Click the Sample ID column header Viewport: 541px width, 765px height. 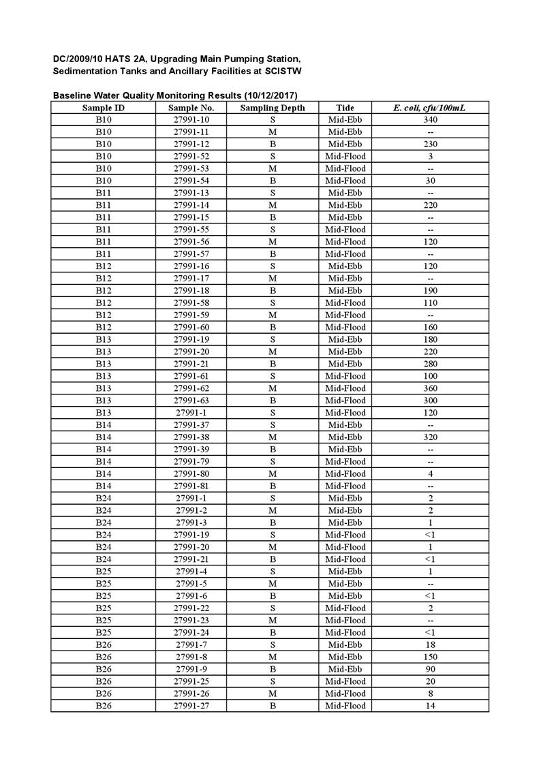point(103,108)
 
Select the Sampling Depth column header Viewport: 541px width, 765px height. point(273,108)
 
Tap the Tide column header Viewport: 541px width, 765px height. point(345,108)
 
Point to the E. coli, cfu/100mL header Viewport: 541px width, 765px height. point(430,108)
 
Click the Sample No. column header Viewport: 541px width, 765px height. point(191,108)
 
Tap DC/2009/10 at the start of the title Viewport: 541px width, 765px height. point(78,59)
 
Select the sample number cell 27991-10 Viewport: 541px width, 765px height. point(191,120)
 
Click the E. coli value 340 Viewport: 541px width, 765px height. point(430,120)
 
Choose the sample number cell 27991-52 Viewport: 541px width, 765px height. point(191,156)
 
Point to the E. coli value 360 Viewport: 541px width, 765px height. point(430,388)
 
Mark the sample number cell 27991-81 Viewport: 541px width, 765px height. point(191,486)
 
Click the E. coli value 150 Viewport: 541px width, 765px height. point(430,657)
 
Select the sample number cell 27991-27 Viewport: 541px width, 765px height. point(191,706)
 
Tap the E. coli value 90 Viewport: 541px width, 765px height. point(430,669)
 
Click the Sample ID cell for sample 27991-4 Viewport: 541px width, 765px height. point(103,572)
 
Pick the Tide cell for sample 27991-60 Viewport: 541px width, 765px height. point(345,327)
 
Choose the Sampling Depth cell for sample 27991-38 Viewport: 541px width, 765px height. point(273,437)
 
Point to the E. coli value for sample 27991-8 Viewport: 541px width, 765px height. point(430,657)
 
